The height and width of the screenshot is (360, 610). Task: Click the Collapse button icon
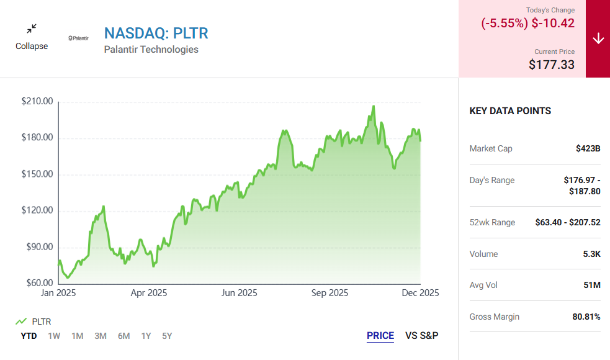click(x=32, y=29)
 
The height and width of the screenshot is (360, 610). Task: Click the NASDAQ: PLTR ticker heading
click(x=156, y=33)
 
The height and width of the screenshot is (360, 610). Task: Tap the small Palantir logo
click(x=78, y=38)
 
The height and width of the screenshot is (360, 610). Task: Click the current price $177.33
click(x=552, y=64)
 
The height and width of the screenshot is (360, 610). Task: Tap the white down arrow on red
click(x=598, y=38)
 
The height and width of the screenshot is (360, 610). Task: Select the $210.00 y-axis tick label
click(x=37, y=101)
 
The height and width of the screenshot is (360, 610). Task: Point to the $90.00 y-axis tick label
click(x=37, y=247)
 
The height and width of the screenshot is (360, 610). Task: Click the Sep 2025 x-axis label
click(x=330, y=293)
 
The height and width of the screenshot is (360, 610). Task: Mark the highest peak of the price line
click(x=374, y=106)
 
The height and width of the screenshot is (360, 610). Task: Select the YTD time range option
click(x=29, y=336)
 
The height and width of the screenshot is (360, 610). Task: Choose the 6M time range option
click(x=123, y=336)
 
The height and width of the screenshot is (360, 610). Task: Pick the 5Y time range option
click(x=167, y=336)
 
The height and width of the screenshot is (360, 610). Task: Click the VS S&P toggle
click(x=422, y=336)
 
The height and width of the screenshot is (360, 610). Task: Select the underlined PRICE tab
click(x=380, y=336)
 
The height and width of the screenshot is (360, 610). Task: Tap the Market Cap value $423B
click(x=588, y=148)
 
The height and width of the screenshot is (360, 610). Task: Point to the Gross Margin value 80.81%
click(x=586, y=317)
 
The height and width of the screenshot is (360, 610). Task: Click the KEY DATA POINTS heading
click(x=510, y=111)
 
